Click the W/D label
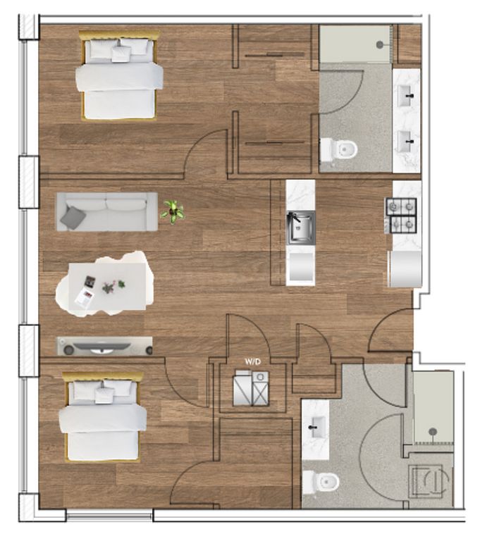253,361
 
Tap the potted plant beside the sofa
173,211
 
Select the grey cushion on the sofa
73,218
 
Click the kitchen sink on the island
301,228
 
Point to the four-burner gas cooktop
401,216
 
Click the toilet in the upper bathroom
339,149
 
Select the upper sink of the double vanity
406,96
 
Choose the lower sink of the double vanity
406,142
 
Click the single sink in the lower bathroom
317,427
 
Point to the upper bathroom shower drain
379,44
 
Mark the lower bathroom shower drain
433,431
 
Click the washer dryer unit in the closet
251,388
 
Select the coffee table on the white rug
107,287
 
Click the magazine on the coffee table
85,298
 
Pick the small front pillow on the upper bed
121,54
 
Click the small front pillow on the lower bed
104,395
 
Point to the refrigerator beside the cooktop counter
405,269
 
